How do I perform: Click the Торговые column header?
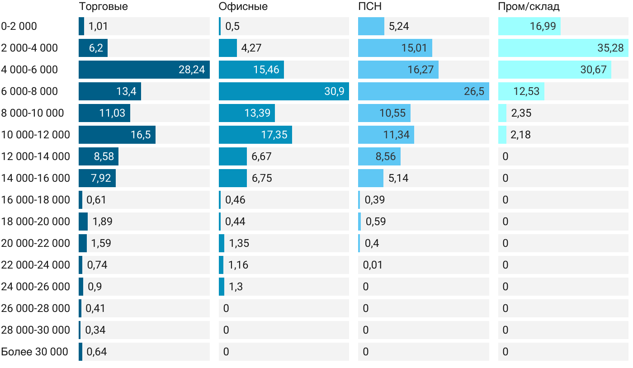tap(103, 7)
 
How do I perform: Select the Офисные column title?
tap(243, 7)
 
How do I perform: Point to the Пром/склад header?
tap(529, 7)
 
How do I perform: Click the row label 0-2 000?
tap(19, 26)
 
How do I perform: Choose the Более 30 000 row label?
tap(35, 352)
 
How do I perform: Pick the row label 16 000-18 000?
tap(36, 200)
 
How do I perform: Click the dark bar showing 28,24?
tap(144, 70)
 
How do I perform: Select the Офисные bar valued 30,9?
tap(283, 91)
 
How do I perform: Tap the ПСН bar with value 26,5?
tap(423, 91)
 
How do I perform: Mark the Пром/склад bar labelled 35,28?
tap(563, 48)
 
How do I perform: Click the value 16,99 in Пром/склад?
tap(543, 26)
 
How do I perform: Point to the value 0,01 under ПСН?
tap(373, 265)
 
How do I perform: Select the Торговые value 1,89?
tap(102, 222)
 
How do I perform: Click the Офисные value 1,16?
tap(238, 265)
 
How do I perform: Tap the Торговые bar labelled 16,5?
tap(117, 135)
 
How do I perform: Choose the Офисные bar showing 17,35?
tap(255, 135)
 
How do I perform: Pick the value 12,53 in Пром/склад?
tap(526, 91)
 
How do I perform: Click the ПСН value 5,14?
tap(398, 178)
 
